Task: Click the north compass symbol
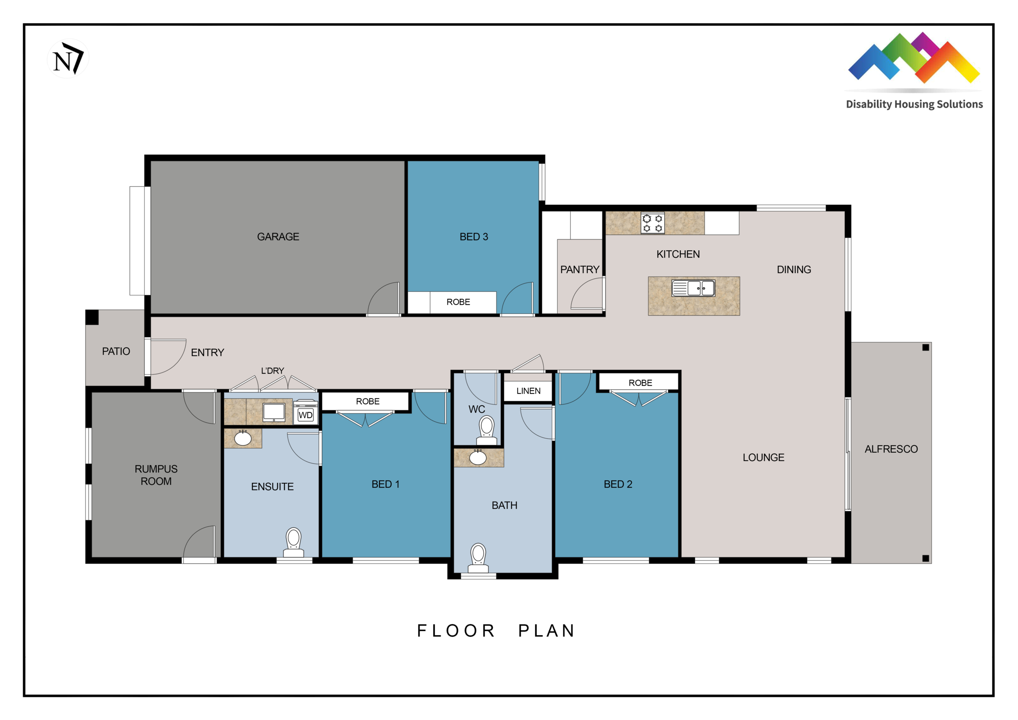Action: [68, 58]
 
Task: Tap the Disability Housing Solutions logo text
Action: [914, 104]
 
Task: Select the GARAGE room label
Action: [278, 237]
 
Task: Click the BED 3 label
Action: [474, 237]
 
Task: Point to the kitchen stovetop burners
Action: [653, 224]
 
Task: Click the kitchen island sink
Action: [694, 288]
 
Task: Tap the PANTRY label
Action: [579, 270]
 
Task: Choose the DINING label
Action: [794, 270]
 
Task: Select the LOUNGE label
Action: [763, 457]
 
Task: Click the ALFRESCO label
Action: [891, 449]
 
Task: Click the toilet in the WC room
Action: [486, 430]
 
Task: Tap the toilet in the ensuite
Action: [293, 542]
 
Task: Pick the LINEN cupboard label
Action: [528, 391]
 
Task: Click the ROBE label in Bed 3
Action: [458, 302]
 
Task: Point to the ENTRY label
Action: [208, 353]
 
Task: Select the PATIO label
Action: [116, 351]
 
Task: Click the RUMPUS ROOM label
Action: [156, 475]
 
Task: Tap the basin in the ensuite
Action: [243, 438]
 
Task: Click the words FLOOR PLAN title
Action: [496, 631]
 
